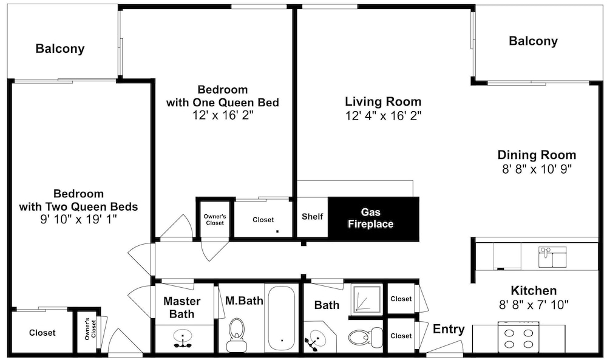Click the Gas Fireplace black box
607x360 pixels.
pos(373,219)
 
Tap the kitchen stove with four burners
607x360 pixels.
pos(518,337)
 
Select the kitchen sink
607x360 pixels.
pos(552,257)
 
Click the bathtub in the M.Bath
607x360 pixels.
pos(282,319)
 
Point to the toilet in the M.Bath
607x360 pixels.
pos(236,335)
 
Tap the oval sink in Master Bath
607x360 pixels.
pos(183,338)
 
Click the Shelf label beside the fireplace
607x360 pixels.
pos(312,216)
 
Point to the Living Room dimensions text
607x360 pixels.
pos(383,115)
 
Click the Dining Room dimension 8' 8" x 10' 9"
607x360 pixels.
pos(537,169)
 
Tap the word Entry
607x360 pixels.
pos(449,329)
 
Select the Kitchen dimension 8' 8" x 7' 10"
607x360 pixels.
pos(534,305)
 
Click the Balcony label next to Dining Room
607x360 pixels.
pos(533,41)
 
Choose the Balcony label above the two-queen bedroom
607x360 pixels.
pos(60,49)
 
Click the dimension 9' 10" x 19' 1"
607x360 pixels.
pos(78,220)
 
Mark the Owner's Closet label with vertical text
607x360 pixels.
pos(90,329)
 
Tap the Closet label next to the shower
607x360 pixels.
pos(401,299)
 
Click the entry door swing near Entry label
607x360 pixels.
pos(444,347)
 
